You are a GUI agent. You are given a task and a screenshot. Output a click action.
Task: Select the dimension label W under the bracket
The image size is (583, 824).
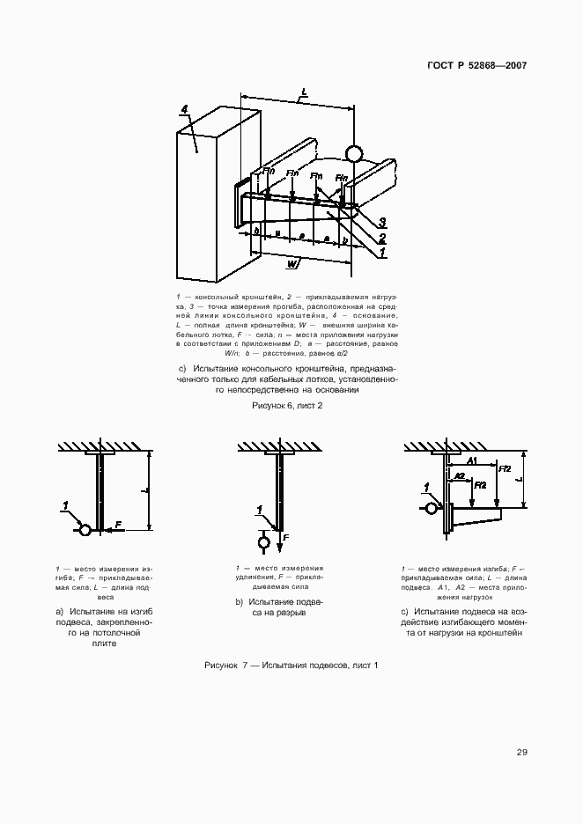(x=291, y=262)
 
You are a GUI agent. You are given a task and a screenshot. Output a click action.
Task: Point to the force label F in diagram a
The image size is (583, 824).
(x=118, y=525)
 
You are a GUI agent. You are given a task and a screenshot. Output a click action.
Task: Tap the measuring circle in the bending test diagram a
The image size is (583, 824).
(x=85, y=530)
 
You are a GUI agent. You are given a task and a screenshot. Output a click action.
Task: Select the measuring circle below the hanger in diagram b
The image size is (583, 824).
(x=262, y=543)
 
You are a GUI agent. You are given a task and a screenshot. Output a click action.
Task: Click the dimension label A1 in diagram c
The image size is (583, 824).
(x=473, y=460)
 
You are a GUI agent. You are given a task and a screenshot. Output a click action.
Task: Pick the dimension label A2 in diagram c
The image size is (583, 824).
(x=459, y=475)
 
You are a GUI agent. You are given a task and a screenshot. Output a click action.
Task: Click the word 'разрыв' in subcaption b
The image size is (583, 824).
(x=291, y=613)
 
